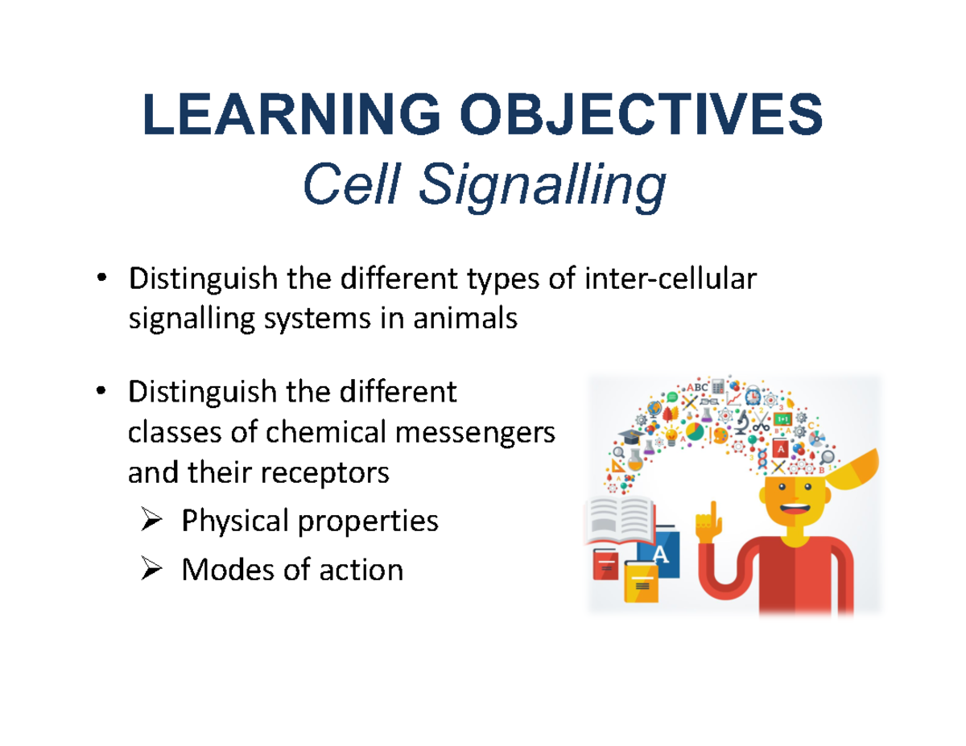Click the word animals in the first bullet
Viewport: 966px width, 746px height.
(x=466, y=319)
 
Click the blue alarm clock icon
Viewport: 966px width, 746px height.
(x=752, y=396)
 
